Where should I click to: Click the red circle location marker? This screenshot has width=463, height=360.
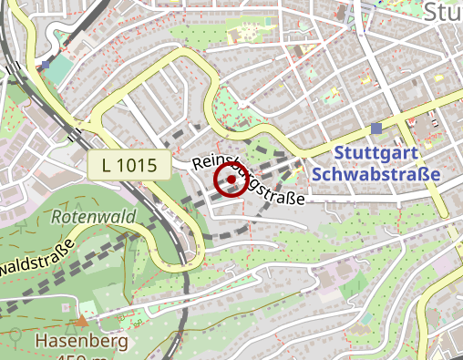click(x=231, y=180)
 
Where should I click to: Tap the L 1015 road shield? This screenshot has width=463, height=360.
click(x=131, y=166)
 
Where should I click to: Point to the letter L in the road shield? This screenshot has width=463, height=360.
click(x=108, y=166)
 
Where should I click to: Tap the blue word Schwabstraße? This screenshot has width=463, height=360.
click(x=375, y=172)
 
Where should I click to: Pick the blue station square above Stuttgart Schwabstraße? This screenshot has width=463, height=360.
click(x=376, y=129)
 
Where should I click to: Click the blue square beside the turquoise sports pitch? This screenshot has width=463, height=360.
click(x=46, y=65)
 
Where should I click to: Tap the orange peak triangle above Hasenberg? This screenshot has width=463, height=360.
click(x=82, y=320)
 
